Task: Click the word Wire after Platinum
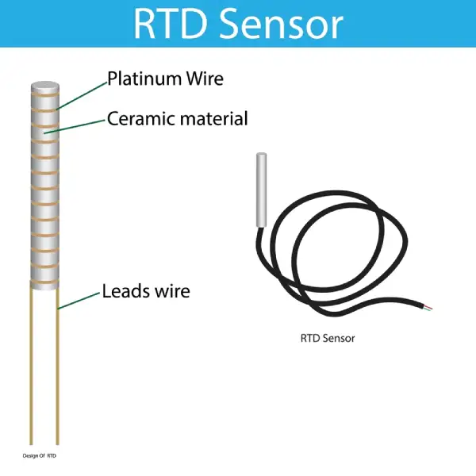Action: pyautogui.click(x=204, y=79)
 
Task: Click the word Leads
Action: pyautogui.click(x=124, y=291)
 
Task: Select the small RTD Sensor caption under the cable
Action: pyautogui.click(x=328, y=337)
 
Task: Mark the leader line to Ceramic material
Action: pyautogui.click(x=75, y=127)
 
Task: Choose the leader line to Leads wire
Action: pyautogui.click(x=79, y=299)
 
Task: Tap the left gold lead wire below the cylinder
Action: pyautogui.click(x=30, y=365)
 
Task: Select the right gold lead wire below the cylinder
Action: pyautogui.click(x=58, y=365)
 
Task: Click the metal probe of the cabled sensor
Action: pyautogui.click(x=259, y=190)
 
